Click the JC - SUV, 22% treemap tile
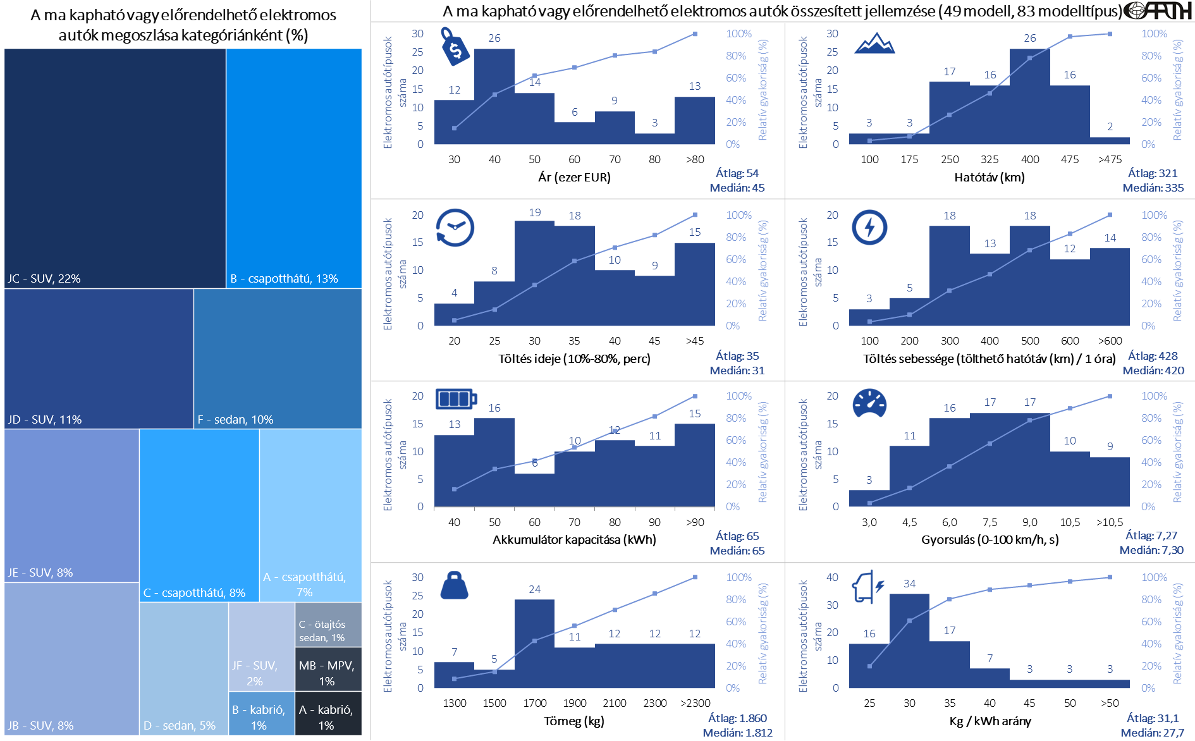[115, 168]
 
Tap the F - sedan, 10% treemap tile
[278, 358]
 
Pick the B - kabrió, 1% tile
[261, 713]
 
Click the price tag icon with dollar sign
[455, 47]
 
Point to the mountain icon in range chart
[874, 44]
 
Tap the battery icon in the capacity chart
[456, 399]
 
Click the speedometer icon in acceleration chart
[869, 403]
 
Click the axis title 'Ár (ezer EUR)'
[574, 178]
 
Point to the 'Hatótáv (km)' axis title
[989, 178]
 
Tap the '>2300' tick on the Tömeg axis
[695, 703]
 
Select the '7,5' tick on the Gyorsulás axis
[990, 522]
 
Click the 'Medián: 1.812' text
[737, 733]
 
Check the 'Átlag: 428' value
[1153, 356]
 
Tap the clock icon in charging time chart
[455, 228]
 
